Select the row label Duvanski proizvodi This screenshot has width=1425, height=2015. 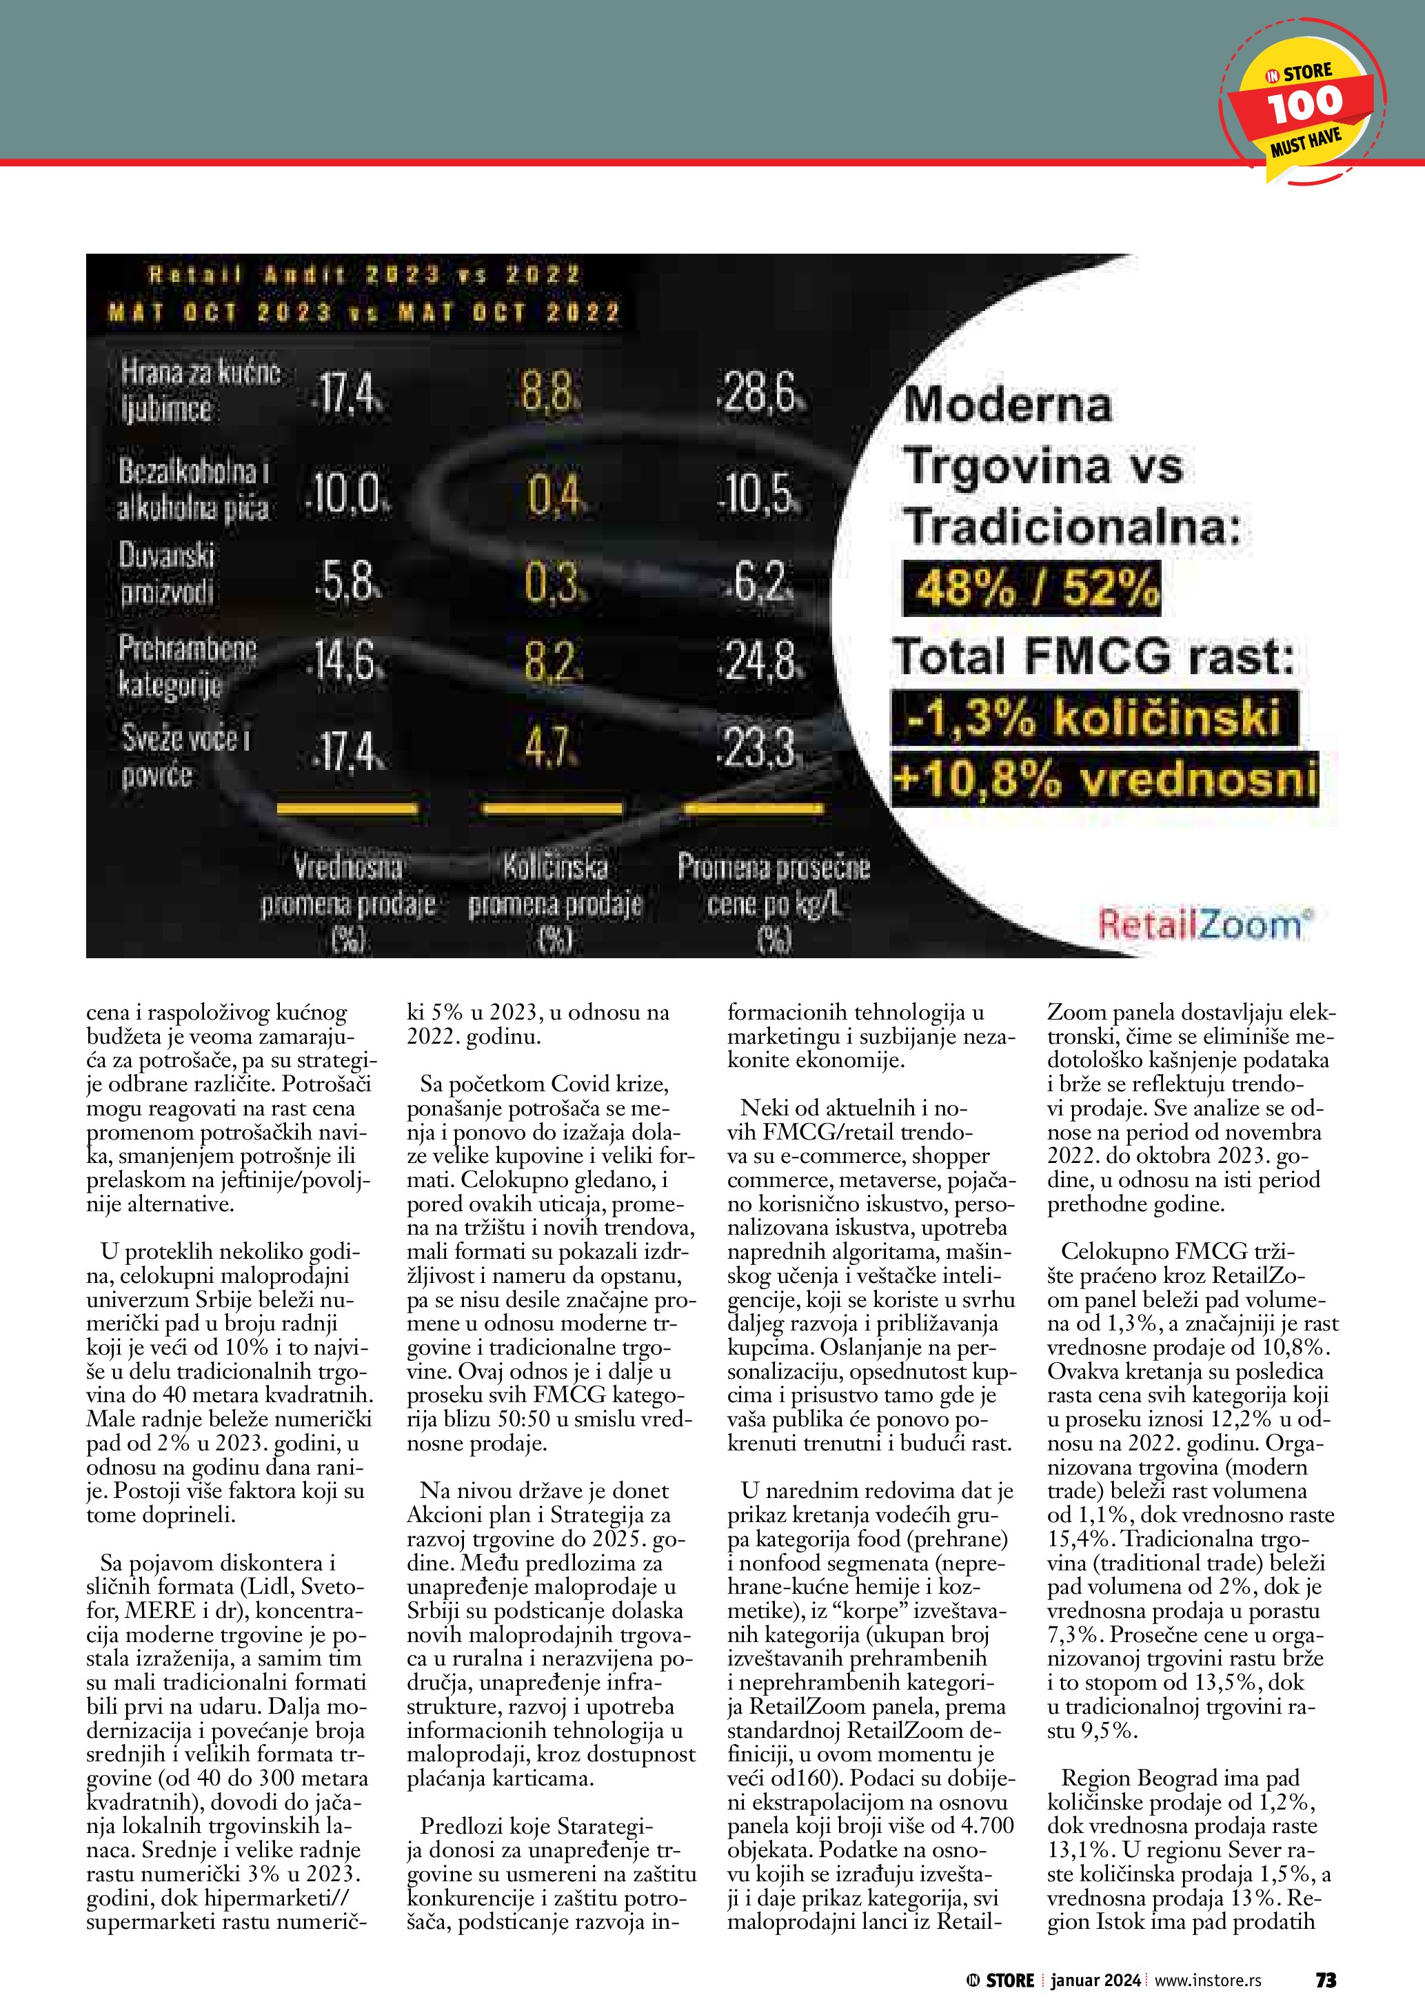[x=167, y=573]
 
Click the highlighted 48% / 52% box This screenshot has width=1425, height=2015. [x=1032, y=588]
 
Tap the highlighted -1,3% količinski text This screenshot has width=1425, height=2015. [x=1094, y=717]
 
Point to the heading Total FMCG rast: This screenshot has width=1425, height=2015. [x=1093, y=656]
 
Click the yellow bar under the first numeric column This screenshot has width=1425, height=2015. [x=347, y=807]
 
